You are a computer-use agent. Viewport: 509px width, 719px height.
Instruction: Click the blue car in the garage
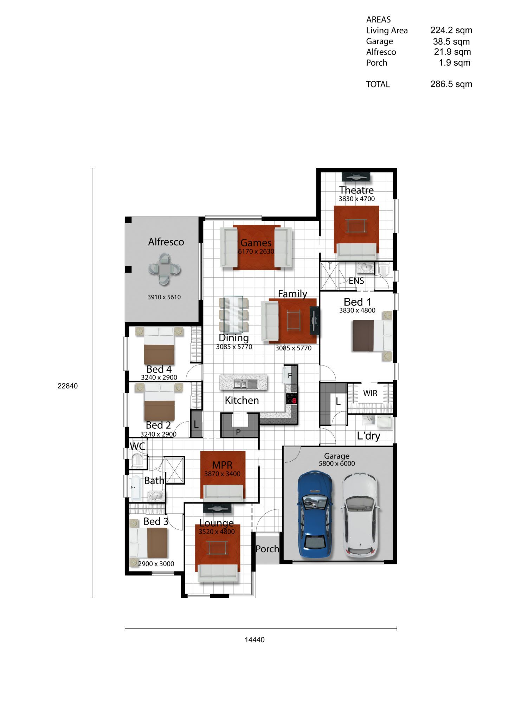click(x=315, y=515)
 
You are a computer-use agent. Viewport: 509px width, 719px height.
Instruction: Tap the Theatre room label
click(x=356, y=190)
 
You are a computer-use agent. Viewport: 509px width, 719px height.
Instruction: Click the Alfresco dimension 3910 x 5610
click(x=164, y=297)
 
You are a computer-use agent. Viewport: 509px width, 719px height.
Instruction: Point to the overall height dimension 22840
click(x=67, y=386)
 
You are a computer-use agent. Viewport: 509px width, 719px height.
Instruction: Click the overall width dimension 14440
click(x=255, y=640)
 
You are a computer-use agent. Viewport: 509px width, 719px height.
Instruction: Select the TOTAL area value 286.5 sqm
click(x=451, y=84)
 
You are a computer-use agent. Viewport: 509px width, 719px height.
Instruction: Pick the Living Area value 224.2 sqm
click(x=451, y=30)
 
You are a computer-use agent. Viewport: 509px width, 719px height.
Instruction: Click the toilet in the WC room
click(x=137, y=461)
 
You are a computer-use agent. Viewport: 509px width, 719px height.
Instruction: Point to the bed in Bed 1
click(x=372, y=336)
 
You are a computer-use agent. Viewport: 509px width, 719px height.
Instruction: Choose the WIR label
click(x=370, y=393)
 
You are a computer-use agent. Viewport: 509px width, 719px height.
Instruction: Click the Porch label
click(x=267, y=549)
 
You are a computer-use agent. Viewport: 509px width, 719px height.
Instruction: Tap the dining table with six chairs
click(x=234, y=314)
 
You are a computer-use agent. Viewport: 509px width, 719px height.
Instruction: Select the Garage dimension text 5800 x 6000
click(x=337, y=463)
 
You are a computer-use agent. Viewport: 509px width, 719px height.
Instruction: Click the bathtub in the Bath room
click(x=135, y=488)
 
